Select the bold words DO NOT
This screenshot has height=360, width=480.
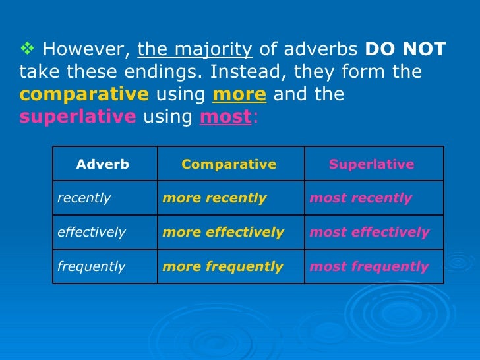click(x=405, y=49)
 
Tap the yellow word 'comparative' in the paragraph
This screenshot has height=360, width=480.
click(x=84, y=94)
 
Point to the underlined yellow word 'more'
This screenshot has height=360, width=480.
click(x=239, y=94)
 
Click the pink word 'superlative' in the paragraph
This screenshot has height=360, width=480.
click(x=78, y=117)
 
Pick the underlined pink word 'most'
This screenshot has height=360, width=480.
click(x=224, y=117)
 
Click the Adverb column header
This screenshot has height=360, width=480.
click(x=103, y=164)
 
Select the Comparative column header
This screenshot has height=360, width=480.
click(x=229, y=164)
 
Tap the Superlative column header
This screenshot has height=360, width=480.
click(x=372, y=164)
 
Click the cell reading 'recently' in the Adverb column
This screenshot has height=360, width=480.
click(x=84, y=198)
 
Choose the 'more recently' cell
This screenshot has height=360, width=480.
click(x=215, y=198)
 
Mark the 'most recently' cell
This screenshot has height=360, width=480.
click(x=361, y=198)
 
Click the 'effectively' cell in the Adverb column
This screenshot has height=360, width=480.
click(x=91, y=232)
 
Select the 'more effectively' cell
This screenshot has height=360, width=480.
click(x=224, y=232)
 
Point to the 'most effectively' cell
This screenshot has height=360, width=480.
click(x=369, y=232)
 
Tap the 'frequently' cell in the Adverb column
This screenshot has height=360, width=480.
click(x=91, y=266)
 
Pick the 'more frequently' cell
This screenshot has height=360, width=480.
click(x=223, y=266)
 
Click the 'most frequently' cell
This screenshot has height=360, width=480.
click(x=369, y=266)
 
